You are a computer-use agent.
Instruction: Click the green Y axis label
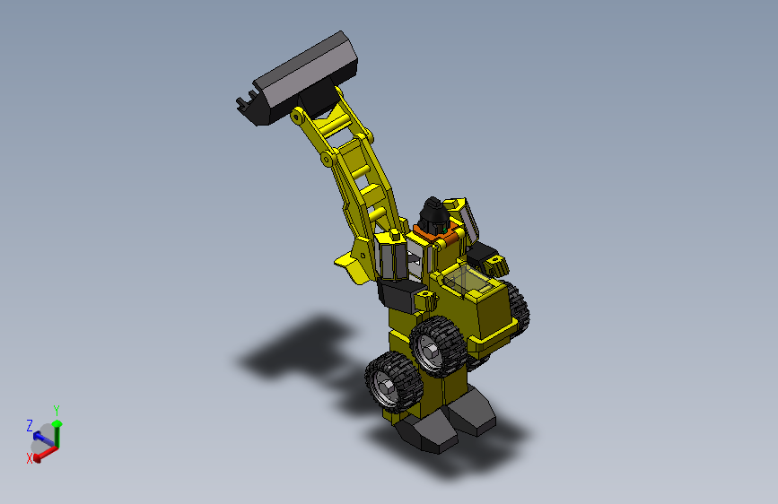pyautogui.click(x=57, y=410)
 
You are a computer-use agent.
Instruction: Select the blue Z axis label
pyautogui.click(x=30, y=425)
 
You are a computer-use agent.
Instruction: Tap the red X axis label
pyautogui.click(x=29, y=457)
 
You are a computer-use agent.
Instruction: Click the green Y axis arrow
pyautogui.click(x=57, y=431)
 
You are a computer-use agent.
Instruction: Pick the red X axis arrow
pyautogui.click(x=44, y=450)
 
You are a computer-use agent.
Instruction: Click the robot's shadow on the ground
pyautogui.click(x=296, y=350)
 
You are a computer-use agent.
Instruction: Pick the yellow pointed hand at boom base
pyautogui.click(x=352, y=265)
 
